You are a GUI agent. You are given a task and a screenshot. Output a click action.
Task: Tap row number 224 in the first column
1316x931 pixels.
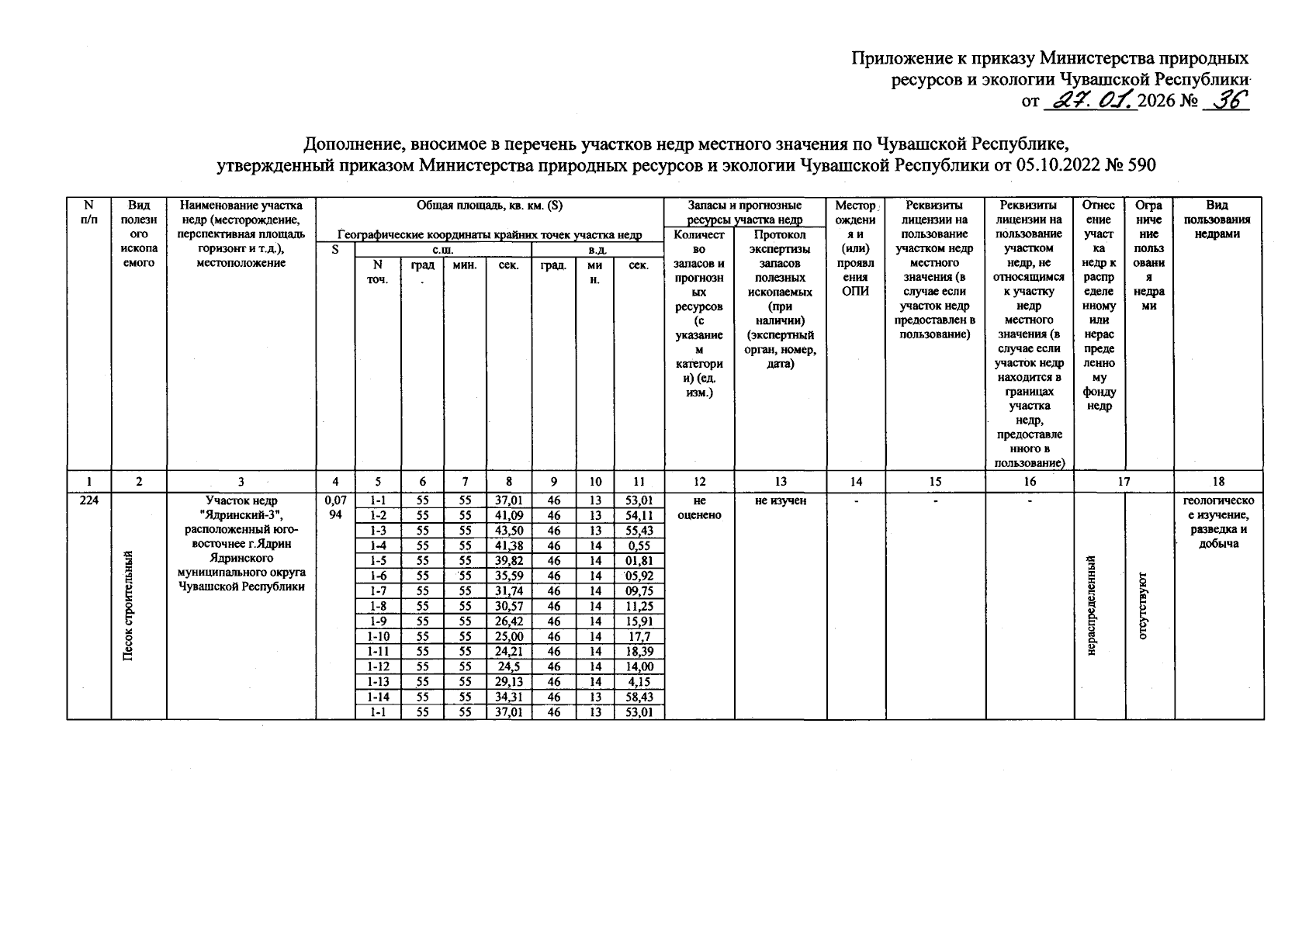[x=88, y=501]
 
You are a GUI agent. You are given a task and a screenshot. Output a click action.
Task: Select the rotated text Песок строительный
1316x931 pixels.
[x=128, y=605]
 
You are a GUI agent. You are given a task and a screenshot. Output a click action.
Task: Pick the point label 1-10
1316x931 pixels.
[x=378, y=637]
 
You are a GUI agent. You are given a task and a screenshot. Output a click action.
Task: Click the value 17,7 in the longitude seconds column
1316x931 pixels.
[x=639, y=637]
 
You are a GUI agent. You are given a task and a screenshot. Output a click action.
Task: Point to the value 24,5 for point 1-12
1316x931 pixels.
[x=508, y=666]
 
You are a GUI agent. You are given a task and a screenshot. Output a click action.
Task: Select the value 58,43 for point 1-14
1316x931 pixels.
[x=639, y=697]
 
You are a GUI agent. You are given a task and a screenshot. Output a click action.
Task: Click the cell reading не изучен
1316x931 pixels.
[x=780, y=501]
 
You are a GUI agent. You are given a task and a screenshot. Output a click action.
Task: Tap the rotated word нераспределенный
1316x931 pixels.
[x=1091, y=605]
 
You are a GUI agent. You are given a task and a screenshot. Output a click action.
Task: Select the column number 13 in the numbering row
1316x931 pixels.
[x=780, y=482]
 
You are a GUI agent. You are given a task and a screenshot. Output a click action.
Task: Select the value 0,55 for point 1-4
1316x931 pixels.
[x=639, y=545]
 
